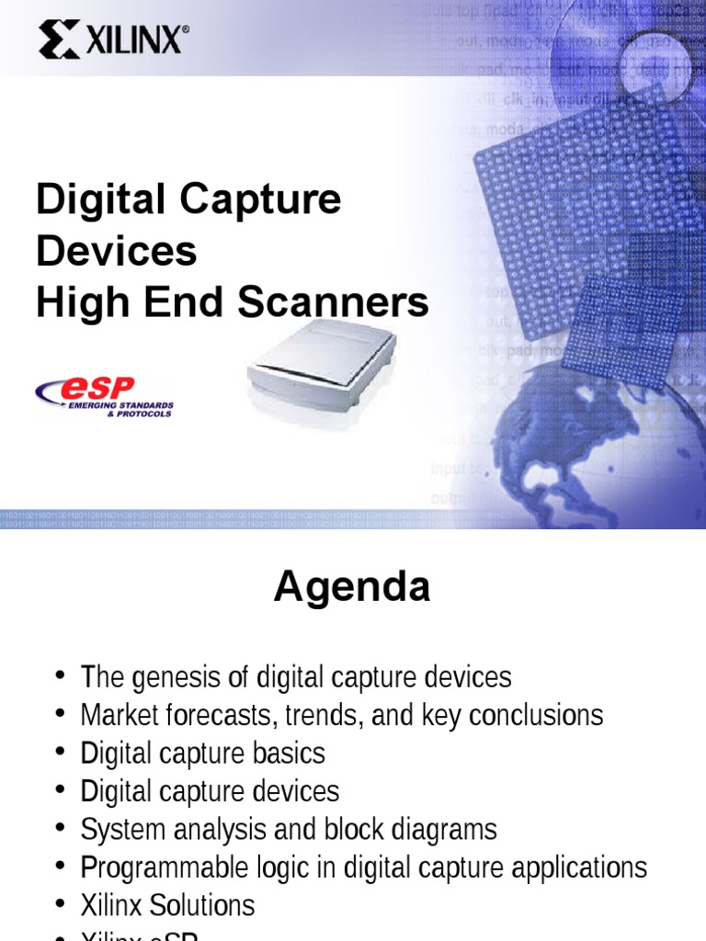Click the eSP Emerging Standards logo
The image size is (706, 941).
(104, 396)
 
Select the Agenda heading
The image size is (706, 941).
(351, 587)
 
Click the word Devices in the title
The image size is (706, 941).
(116, 251)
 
